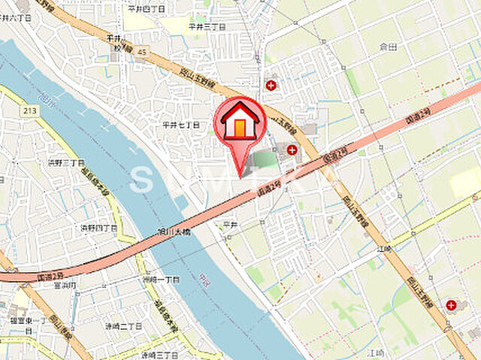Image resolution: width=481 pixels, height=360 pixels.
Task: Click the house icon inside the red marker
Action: coord(240,121)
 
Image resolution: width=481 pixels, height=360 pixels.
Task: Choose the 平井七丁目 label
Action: coord(181,125)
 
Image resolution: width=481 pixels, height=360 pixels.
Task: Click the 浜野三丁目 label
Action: coord(66,162)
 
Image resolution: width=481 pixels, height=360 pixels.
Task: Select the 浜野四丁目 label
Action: coord(99,227)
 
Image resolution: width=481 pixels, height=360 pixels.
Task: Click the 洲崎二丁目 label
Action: coord(123,326)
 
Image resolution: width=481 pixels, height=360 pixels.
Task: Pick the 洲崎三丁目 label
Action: coord(159,354)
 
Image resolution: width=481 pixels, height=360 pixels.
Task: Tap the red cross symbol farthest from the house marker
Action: coord(451,305)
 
